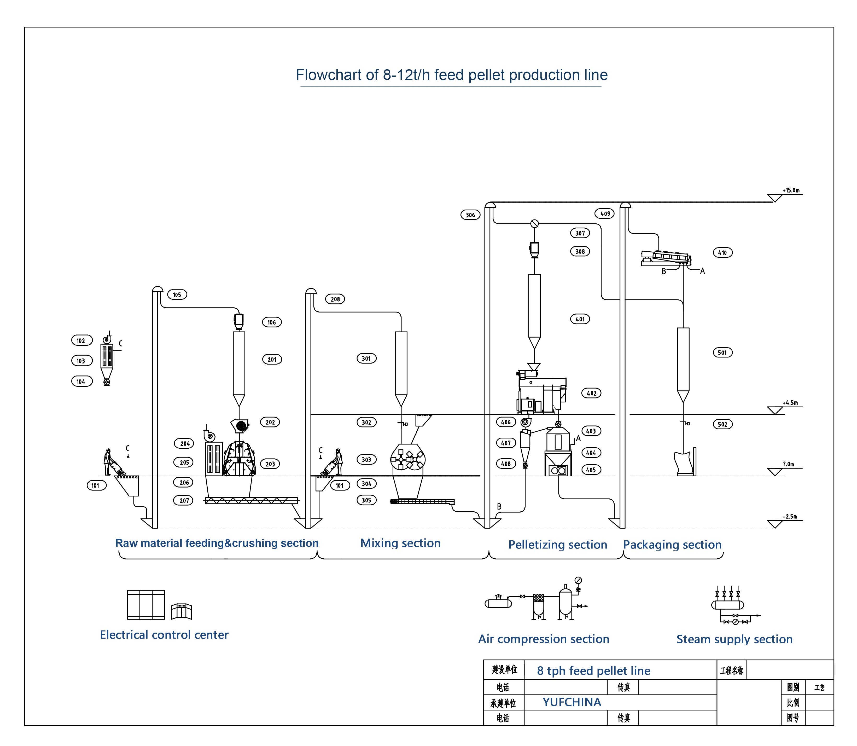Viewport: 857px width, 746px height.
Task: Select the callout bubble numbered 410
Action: coord(722,253)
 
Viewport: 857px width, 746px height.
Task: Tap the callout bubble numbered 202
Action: coord(270,422)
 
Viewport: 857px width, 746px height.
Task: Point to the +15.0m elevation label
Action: coord(791,191)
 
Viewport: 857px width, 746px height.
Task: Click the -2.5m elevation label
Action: coord(790,517)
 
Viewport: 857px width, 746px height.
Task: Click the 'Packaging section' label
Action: coord(672,545)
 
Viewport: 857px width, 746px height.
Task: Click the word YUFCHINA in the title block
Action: coord(572,702)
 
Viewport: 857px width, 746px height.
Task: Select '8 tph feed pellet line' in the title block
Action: coord(593,671)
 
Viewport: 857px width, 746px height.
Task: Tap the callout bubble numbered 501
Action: coord(722,352)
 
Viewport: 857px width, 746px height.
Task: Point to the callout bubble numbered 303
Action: coord(366,460)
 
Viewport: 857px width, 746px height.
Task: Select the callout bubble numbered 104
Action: coord(81,381)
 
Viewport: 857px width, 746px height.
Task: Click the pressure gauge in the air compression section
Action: coord(578,580)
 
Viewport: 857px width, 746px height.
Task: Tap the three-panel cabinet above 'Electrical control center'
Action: coord(146,604)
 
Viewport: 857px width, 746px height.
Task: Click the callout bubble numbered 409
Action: coord(605,213)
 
